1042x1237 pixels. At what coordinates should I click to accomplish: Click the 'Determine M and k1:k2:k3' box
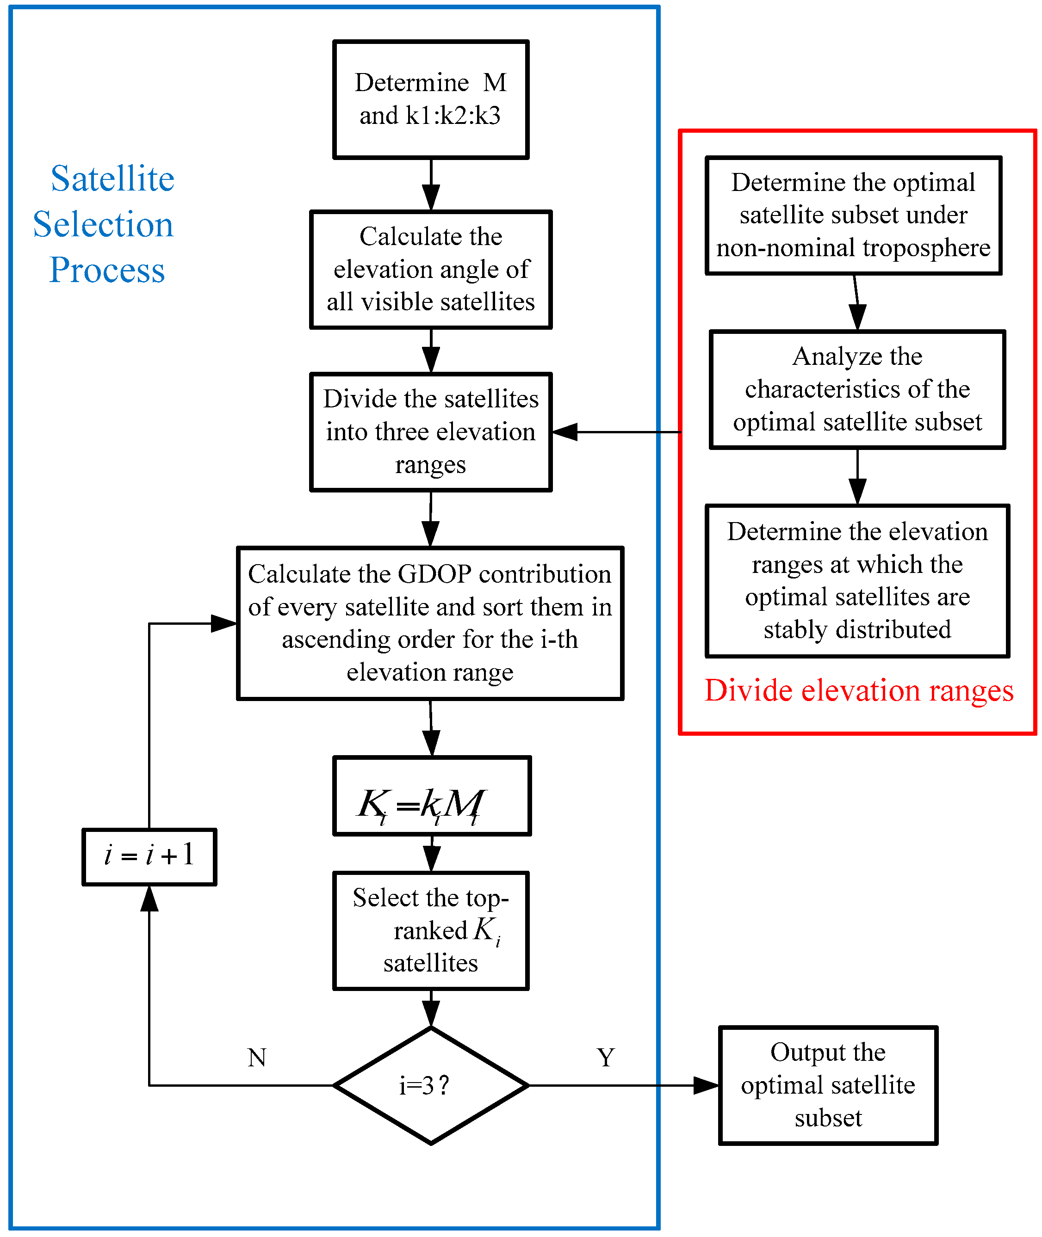tap(431, 99)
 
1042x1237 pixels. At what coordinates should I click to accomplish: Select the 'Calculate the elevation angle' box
tap(431, 269)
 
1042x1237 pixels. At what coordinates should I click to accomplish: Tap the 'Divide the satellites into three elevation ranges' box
tap(431, 431)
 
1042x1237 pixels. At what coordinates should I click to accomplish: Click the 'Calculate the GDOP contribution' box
tap(430, 623)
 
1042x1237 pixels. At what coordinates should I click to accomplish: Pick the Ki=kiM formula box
tap(432, 796)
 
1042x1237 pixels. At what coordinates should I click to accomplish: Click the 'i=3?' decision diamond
tap(431, 1085)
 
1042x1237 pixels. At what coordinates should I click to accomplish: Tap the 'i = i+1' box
tap(149, 857)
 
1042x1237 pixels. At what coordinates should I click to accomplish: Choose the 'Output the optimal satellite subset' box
tap(828, 1085)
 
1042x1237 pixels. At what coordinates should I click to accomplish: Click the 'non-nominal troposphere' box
tap(854, 215)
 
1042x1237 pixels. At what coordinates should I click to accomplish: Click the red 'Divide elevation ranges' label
tap(859, 691)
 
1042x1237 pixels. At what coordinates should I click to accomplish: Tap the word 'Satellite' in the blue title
tap(112, 178)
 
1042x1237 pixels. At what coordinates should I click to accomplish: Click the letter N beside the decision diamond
tap(257, 1058)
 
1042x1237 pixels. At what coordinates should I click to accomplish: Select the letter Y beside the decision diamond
tap(606, 1058)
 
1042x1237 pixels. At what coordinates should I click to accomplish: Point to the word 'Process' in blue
tap(107, 271)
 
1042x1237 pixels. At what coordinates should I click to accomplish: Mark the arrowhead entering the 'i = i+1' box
tap(149, 898)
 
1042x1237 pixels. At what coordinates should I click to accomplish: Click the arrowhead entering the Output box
tap(706, 1085)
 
